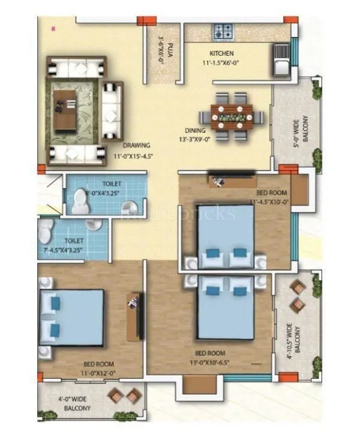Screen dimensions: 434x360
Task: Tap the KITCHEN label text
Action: click(x=221, y=53)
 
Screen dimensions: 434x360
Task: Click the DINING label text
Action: click(x=195, y=130)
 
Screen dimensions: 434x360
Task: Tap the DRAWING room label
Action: click(x=137, y=145)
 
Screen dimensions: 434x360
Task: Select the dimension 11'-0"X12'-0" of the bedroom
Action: click(x=98, y=372)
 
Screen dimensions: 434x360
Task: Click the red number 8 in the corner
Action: click(x=53, y=28)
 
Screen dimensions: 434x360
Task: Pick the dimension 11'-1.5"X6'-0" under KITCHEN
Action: click(x=222, y=62)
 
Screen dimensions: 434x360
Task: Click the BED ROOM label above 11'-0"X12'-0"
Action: click(x=98, y=364)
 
